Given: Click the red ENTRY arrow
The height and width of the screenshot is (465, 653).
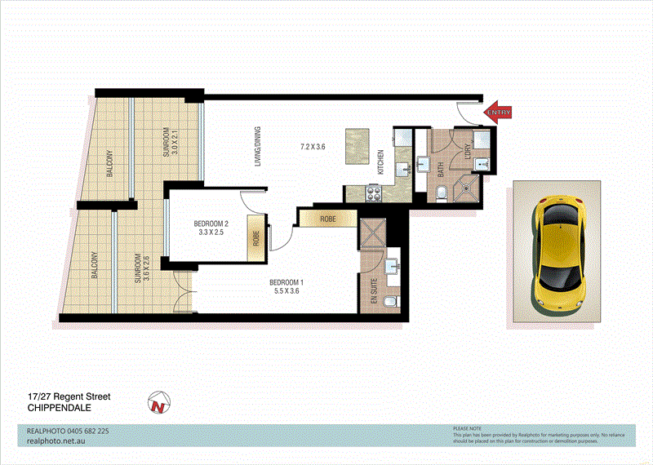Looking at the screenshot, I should point(498,113).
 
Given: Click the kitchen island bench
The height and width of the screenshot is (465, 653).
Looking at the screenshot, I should point(357,147).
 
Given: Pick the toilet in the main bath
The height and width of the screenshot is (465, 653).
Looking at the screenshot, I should point(440,193).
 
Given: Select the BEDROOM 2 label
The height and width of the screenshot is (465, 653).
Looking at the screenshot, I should point(211,224).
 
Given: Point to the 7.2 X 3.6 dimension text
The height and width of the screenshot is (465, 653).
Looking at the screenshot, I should point(313,147).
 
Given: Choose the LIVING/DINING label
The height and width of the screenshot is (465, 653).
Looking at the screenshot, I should point(257,147).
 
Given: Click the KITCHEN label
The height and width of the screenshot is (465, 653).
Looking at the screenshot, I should point(380,162).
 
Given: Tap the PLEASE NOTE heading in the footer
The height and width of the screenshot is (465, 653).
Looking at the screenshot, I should point(468,427).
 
